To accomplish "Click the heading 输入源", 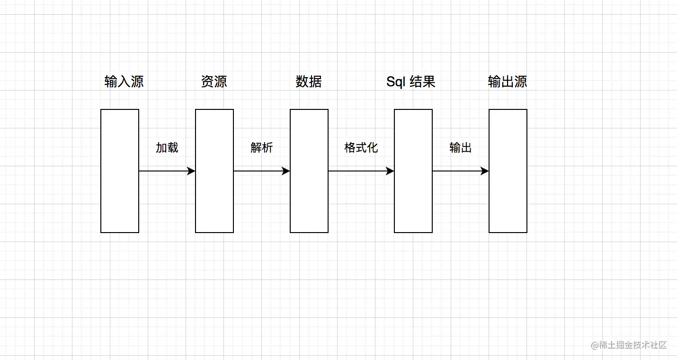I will pyautogui.click(x=124, y=82).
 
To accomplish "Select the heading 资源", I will pyautogui.click(x=214, y=82).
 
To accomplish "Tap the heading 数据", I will pyautogui.click(x=309, y=82).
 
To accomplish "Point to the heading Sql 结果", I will pyautogui.click(x=411, y=82).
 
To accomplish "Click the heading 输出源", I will pyautogui.click(x=508, y=82).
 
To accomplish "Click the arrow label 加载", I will pyautogui.click(x=167, y=148).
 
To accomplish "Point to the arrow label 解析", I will pyautogui.click(x=262, y=148).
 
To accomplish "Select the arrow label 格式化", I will pyautogui.click(x=361, y=148).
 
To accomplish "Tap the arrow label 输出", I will pyautogui.click(x=461, y=148).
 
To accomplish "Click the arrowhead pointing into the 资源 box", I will pyautogui.click(x=191, y=171).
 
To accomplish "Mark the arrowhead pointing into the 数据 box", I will pyautogui.click(x=286, y=171).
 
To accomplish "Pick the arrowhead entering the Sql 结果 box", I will pyautogui.click(x=390, y=171).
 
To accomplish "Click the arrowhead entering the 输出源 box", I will pyautogui.click(x=485, y=171).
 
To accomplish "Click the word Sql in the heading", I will pyautogui.click(x=396, y=82).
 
